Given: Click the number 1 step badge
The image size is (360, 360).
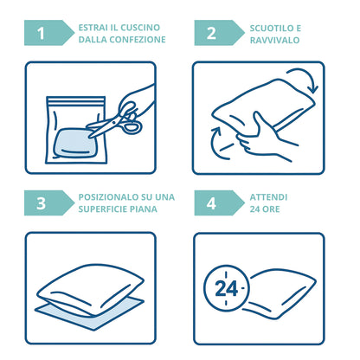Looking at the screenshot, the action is tap(48, 33).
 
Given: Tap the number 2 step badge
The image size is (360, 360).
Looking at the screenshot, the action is tap(219, 33).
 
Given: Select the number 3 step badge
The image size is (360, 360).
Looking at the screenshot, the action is tap(48, 202).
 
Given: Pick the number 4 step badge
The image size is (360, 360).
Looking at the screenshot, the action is tap(219, 202).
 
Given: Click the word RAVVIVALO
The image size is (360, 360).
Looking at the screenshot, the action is tap(274, 40).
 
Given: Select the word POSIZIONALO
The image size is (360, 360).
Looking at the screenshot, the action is tap(108, 197).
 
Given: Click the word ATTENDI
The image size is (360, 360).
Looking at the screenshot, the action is tap(268, 197).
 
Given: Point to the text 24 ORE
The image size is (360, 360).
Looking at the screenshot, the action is tap(265, 209).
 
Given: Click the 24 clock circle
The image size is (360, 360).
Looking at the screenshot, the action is tap(226, 288).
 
